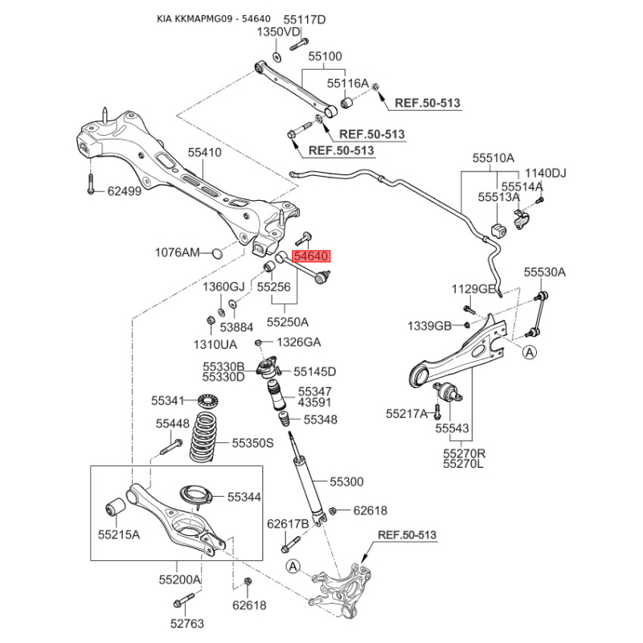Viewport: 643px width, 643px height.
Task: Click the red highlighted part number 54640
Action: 312,257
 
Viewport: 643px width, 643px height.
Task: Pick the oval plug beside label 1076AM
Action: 215,254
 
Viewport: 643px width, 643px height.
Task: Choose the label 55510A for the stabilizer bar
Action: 493,158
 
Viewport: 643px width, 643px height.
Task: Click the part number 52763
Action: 187,623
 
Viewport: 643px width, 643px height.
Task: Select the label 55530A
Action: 544,272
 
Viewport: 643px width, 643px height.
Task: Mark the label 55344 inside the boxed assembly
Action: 244,498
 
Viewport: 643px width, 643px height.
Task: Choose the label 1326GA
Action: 298,342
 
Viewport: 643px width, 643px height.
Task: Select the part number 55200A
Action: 179,579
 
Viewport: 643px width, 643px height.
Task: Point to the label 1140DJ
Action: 546,173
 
